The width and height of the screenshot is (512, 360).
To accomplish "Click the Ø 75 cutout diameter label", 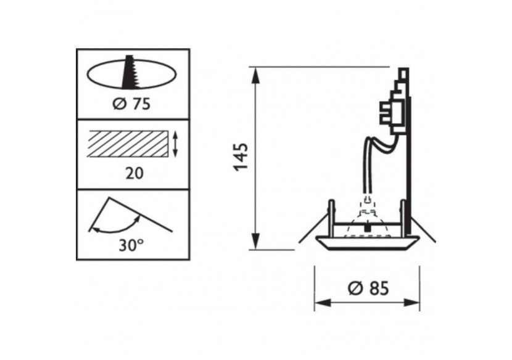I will tap(132, 104).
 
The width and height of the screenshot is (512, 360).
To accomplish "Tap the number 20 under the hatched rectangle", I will tap(133, 173).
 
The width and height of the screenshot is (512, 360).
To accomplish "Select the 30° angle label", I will tap(132, 244).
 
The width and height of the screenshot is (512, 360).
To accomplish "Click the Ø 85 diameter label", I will tap(368, 288).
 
